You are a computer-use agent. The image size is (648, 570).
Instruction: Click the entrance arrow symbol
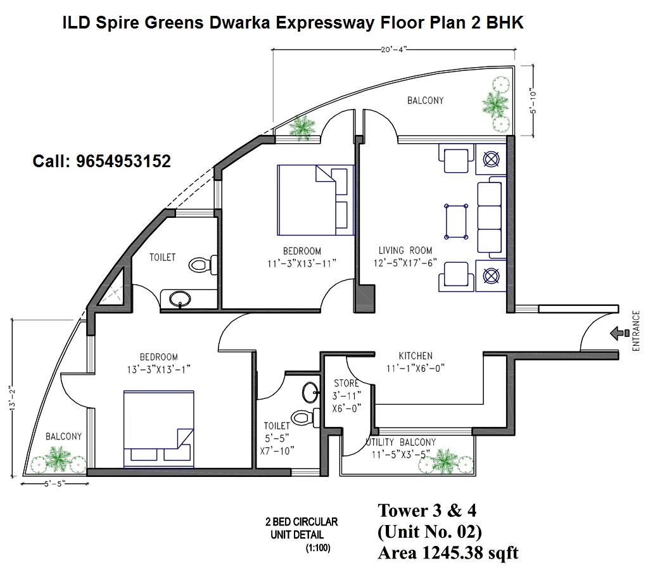[619, 333]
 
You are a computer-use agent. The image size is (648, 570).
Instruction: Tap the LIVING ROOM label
[405, 251]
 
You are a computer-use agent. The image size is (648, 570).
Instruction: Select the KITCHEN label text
[416, 356]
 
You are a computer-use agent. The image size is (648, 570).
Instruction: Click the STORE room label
[346, 383]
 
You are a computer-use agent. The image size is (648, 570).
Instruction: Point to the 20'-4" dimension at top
[394, 49]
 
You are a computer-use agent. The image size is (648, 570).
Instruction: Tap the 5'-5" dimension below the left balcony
[55, 484]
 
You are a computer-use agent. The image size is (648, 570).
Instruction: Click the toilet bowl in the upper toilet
[203, 264]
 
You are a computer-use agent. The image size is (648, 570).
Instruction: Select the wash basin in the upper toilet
[180, 298]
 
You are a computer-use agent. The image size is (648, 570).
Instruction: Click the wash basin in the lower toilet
[310, 392]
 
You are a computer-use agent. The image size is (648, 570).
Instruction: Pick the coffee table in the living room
[456, 222]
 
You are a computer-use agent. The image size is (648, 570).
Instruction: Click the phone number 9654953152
[123, 161]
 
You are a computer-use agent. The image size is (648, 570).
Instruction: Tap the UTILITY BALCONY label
[401, 442]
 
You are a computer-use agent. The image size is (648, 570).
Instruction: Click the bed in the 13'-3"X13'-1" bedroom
[159, 429]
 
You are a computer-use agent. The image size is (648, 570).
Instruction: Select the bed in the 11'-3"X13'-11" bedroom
[315, 200]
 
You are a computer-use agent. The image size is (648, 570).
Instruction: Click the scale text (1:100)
[318, 548]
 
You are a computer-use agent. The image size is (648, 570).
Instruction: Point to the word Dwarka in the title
[239, 22]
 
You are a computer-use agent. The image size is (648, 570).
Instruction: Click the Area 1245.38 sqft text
[448, 553]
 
